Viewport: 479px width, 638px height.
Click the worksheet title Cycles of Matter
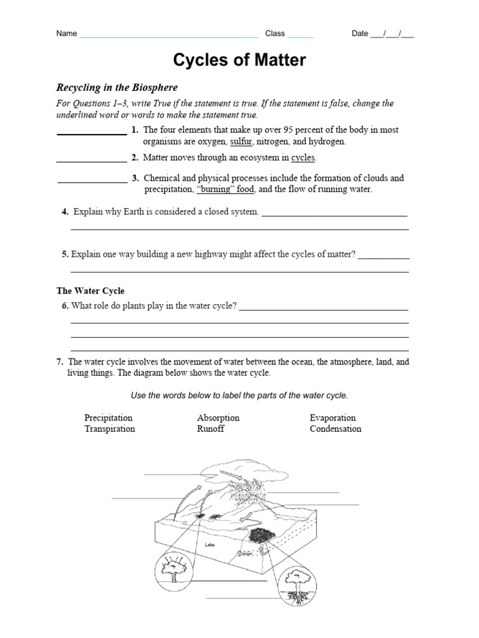click(x=239, y=60)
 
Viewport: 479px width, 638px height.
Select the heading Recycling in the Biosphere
click(x=117, y=87)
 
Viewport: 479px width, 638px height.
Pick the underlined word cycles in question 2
click(x=303, y=158)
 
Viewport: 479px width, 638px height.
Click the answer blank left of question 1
click(x=92, y=133)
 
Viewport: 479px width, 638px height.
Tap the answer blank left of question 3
click(x=92, y=181)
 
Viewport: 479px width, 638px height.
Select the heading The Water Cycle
click(x=90, y=291)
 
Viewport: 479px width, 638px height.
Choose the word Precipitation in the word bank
click(x=109, y=417)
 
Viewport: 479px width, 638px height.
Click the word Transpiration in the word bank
click(x=110, y=429)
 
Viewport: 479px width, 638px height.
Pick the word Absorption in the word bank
click(x=218, y=417)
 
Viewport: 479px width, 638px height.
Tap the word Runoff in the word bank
click(x=211, y=429)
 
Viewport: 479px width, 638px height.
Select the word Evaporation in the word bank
click(x=332, y=417)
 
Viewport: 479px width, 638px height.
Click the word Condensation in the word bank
click(x=336, y=429)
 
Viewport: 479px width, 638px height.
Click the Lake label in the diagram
click(x=210, y=544)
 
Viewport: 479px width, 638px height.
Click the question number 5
click(x=65, y=254)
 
